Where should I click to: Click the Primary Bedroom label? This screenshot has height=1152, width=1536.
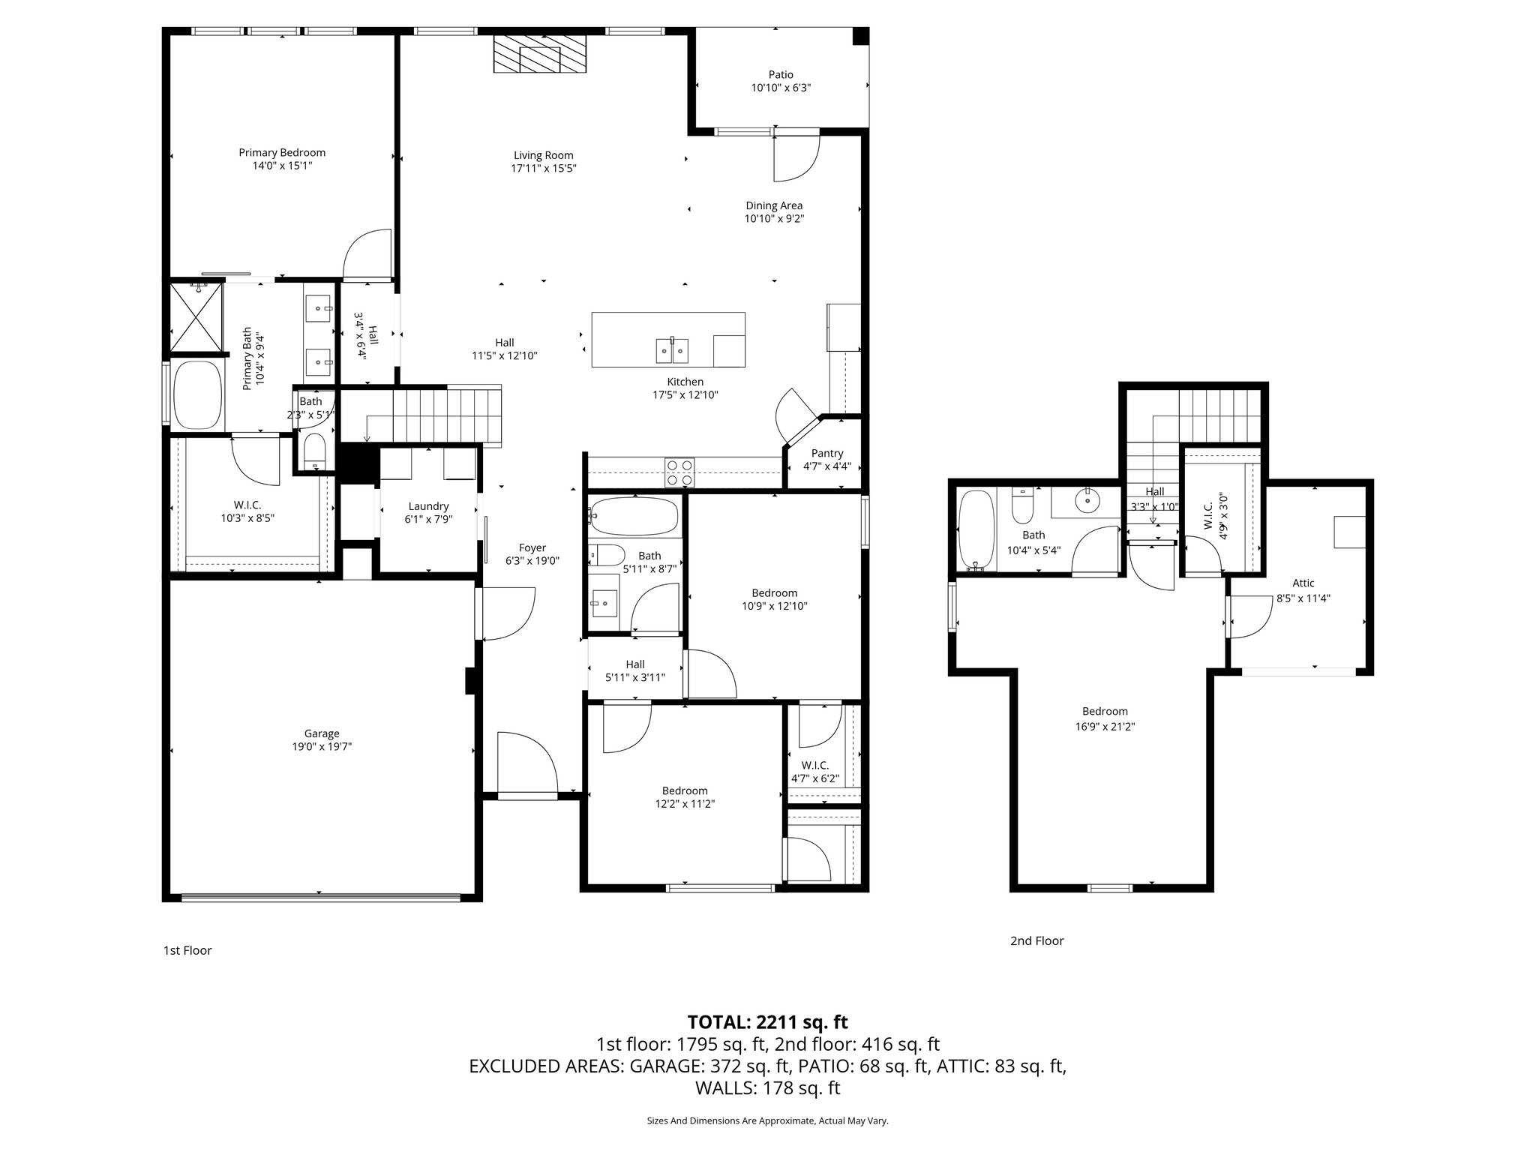tap(282, 152)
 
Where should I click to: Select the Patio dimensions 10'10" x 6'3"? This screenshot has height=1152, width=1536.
tap(781, 88)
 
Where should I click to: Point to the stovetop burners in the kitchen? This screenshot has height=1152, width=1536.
tap(679, 472)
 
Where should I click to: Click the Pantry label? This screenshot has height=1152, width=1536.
tap(827, 453)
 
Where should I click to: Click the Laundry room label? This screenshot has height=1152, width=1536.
tap(428, 506)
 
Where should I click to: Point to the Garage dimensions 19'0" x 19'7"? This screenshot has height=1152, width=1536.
tap(322, 746)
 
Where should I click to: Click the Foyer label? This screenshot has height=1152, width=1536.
tap(532, 547)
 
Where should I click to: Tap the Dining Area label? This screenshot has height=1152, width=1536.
tap(774, 205)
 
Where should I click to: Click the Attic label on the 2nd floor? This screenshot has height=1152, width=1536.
tap(1303, 583)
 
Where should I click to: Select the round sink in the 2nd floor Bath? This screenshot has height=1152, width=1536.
tap(1087, 499)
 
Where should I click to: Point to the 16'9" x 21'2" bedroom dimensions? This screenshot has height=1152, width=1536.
tap(1105, 725)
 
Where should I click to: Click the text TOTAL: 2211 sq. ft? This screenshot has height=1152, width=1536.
tap(767, 1021)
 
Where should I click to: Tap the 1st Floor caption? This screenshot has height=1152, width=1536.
tap(187, 950)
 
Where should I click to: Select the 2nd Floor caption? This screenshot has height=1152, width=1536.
tap(1036, 940)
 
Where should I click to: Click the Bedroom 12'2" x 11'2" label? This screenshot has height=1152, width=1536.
tap(684, 790)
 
